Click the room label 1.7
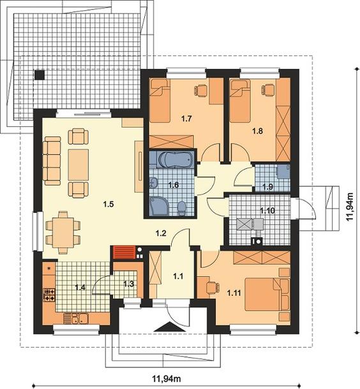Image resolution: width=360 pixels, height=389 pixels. point(186,119)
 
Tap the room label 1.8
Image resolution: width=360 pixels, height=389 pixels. point(257,131)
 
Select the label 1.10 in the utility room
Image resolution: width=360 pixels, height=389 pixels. point(267,211)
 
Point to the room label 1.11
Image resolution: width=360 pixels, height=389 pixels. point(234,293)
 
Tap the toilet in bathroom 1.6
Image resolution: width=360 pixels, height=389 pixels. point(182,208)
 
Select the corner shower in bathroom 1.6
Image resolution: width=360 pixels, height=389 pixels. point(159,206)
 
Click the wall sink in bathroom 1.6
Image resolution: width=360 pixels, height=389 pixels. point(154,183)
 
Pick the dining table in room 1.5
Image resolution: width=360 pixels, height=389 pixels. point(63,233)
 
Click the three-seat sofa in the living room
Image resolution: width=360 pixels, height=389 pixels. point(52,161)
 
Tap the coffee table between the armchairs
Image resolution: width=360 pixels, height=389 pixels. point(79,165)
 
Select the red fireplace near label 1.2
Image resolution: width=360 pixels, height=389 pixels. point(124,253)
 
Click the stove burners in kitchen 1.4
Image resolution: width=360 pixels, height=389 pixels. point(49,295)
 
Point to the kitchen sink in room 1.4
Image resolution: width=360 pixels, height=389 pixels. point(80,318)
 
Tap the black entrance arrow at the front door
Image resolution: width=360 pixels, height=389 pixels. point(170,327)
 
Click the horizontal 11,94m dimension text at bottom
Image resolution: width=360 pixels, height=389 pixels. point(167,379)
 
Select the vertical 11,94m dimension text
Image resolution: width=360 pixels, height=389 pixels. point(350,207)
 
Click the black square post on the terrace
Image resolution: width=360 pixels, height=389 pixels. point(40,75)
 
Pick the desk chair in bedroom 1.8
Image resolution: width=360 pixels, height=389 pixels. point(268,89)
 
